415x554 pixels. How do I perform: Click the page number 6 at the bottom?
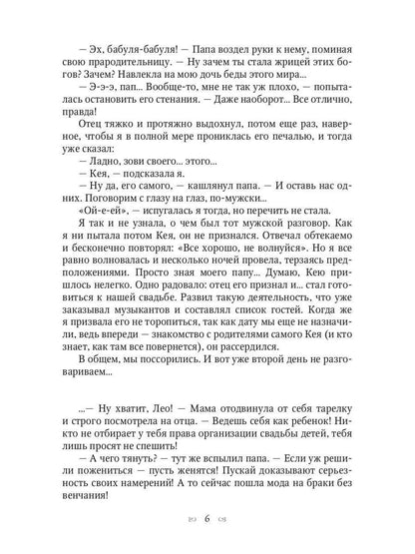[x=207, y=520]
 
